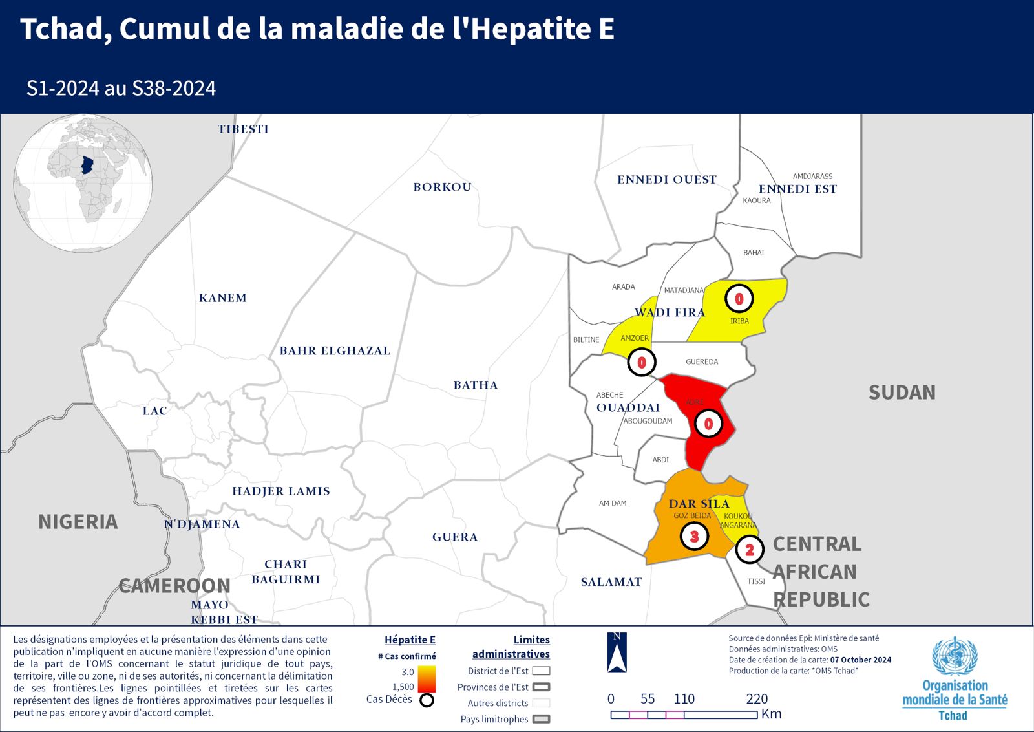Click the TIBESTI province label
243,129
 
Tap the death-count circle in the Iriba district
739,299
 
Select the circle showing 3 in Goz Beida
694,536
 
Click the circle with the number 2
749,550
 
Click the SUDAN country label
902,392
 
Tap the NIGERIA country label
78,521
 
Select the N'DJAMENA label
202,524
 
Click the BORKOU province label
442,187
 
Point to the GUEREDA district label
702,361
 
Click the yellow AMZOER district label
634,338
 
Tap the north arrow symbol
617,653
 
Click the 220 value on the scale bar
757,698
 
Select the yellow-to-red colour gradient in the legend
427,679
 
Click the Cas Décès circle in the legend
427,700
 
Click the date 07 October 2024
860,660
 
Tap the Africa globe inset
83,184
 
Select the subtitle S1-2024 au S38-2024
121,88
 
